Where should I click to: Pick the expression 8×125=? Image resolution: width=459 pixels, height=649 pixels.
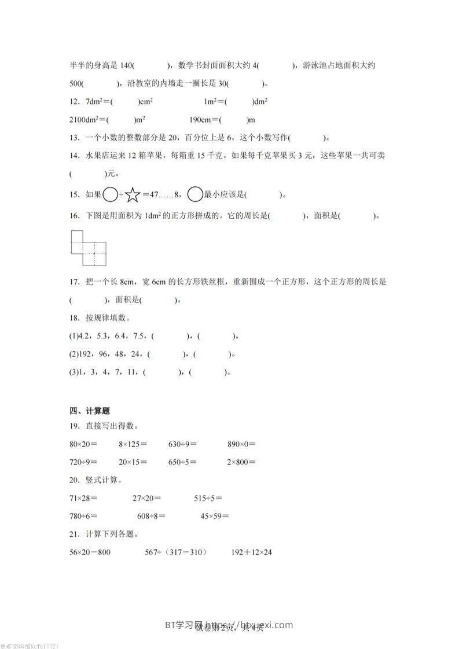point(133,444)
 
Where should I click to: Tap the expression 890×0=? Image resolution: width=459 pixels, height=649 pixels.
point(241,444)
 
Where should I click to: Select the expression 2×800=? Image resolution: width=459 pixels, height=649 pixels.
point(241,462)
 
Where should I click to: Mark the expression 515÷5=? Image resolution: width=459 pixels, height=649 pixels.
point(208,497)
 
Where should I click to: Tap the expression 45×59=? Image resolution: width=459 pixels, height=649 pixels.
point(214,516)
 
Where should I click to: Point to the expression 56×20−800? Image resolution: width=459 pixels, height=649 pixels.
point(90,552)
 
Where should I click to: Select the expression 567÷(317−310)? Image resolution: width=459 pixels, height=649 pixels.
point(175,552)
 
